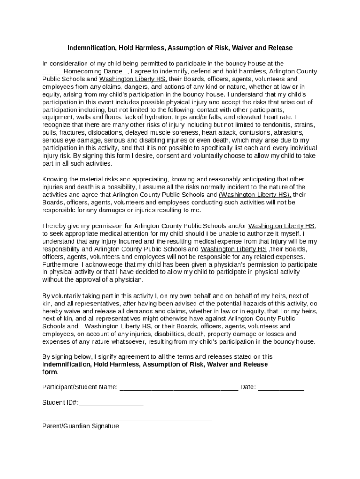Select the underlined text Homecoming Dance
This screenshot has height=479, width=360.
93,72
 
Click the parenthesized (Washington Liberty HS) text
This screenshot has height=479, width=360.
255,195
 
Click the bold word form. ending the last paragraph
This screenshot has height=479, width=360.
50,372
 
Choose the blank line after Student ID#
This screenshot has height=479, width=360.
111,403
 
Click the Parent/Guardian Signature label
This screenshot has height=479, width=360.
80,426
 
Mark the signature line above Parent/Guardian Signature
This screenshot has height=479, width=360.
127,420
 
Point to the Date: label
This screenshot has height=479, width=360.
248,387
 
